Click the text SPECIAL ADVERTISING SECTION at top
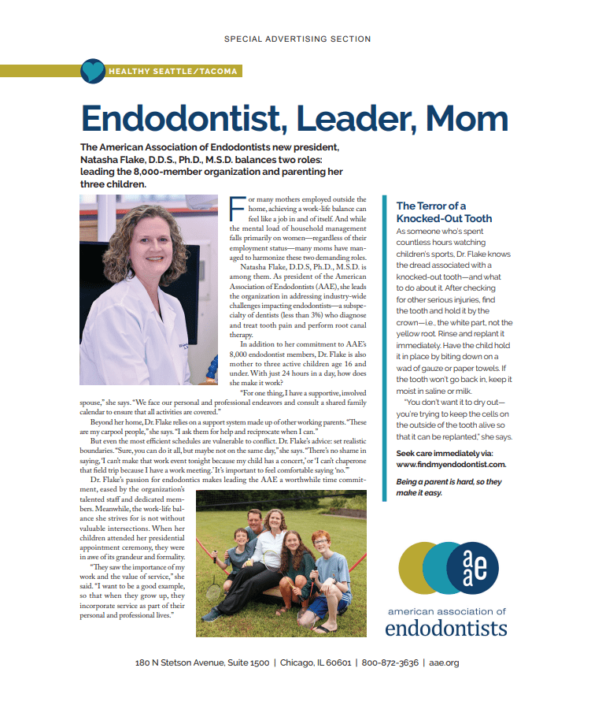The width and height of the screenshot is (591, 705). coord(297,39)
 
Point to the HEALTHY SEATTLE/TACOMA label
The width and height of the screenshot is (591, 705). coord(173,72)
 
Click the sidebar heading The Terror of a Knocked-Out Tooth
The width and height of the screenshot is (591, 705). coord(444,212)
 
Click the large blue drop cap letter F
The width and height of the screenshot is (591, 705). coord(234,210)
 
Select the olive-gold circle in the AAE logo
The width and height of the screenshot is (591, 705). coord(419,568)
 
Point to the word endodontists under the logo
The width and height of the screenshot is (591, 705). coord(446,628)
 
